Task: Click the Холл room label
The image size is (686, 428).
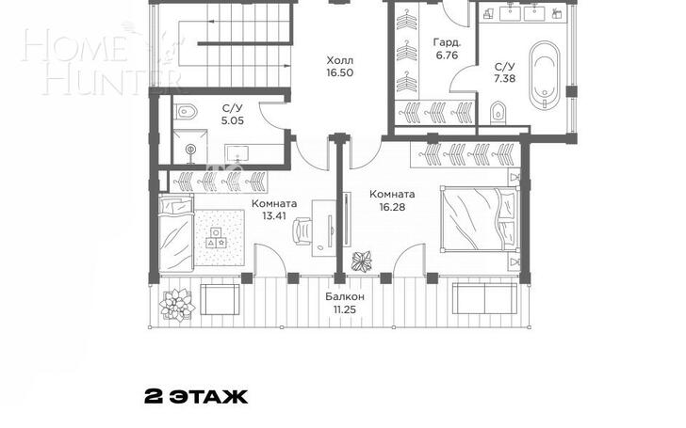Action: (x=340, y=60)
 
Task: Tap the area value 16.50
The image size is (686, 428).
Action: (x=340, y=73)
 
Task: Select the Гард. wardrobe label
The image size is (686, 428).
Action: (x=447, y=43)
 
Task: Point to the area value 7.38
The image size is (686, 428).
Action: (x=504, y=79)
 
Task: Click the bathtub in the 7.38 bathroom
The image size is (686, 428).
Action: (x=545, y=75)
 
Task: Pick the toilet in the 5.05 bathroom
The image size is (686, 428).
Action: (x=187, y=112)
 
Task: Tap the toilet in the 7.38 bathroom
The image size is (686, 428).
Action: (x=498, y=113)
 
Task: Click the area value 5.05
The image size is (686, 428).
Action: (x=233, y=121)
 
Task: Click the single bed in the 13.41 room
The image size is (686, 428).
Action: (x=176, y=234)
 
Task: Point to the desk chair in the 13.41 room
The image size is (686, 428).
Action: (x=302, y=230)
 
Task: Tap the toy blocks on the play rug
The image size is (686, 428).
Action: (x=218, y=239)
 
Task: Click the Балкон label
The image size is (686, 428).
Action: (x=344, y=297)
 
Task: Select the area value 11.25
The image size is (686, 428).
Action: (x=344, y=310)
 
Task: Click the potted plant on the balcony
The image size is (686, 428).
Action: (x=177, y=305)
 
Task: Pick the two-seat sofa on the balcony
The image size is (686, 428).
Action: (x=484, y=298)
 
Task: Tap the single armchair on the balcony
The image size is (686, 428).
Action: (x=220, y=299)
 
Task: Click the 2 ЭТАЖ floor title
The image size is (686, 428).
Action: (x=196, y=397)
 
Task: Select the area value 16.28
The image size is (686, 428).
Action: (x=392, y=207)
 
